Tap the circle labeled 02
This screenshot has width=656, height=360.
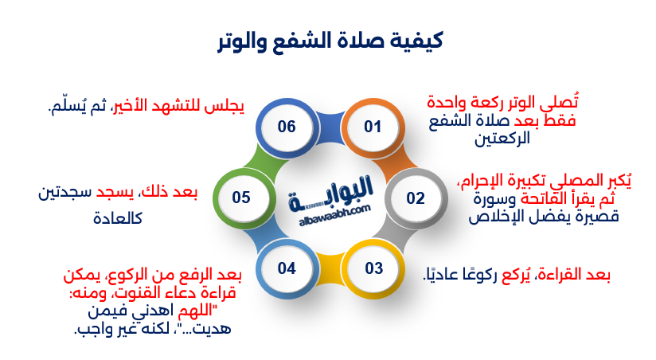(x=416, y=198)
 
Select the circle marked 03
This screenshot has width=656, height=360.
(x=374, y=268)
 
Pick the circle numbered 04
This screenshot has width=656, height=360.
(x=287, y=268)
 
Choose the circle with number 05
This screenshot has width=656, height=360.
(x=242, y=198)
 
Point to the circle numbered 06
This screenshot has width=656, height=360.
(x=287, y=127)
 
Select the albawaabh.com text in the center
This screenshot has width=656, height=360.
(x=327, y=209)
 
